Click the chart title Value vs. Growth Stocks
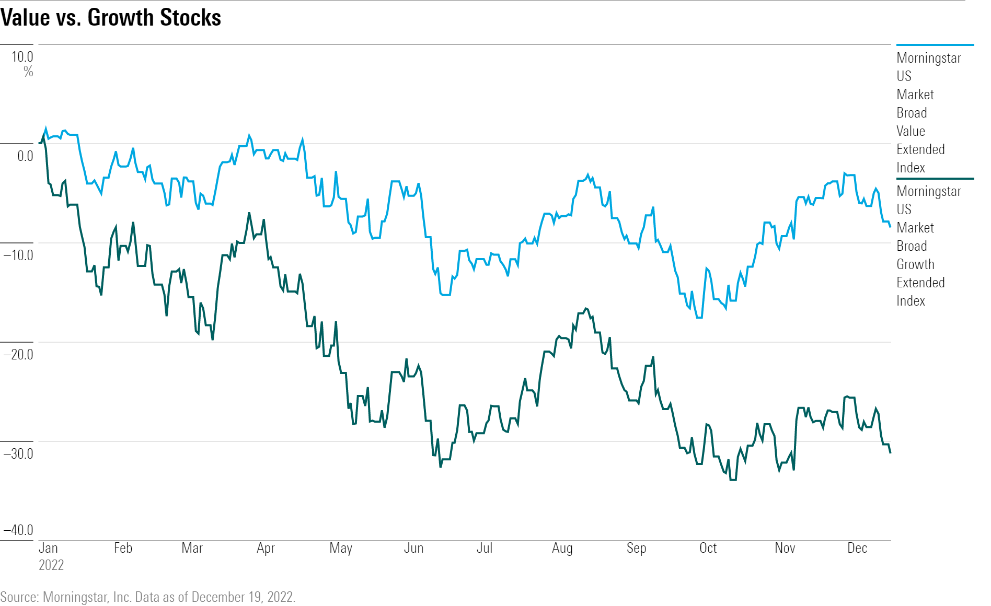point(111,18)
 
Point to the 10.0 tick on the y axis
point(22,57)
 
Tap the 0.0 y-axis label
point(25,156)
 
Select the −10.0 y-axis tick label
point(18,255)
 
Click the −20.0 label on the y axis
point(18,354)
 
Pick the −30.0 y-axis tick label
point(18,453)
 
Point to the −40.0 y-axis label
point(18,530)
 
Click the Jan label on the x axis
point(48,548)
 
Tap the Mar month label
point(192,548)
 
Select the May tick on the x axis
point(341,548)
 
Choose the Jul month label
point(485,548)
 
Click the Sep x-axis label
point(636,548)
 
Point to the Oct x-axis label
point(708,548)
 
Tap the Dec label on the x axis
point(857,548)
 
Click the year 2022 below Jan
point(51,565)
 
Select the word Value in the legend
point(911,131)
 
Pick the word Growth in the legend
point(915,264)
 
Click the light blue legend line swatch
point(935,45)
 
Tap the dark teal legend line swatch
point(935,179)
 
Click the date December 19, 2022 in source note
point(243,597)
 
